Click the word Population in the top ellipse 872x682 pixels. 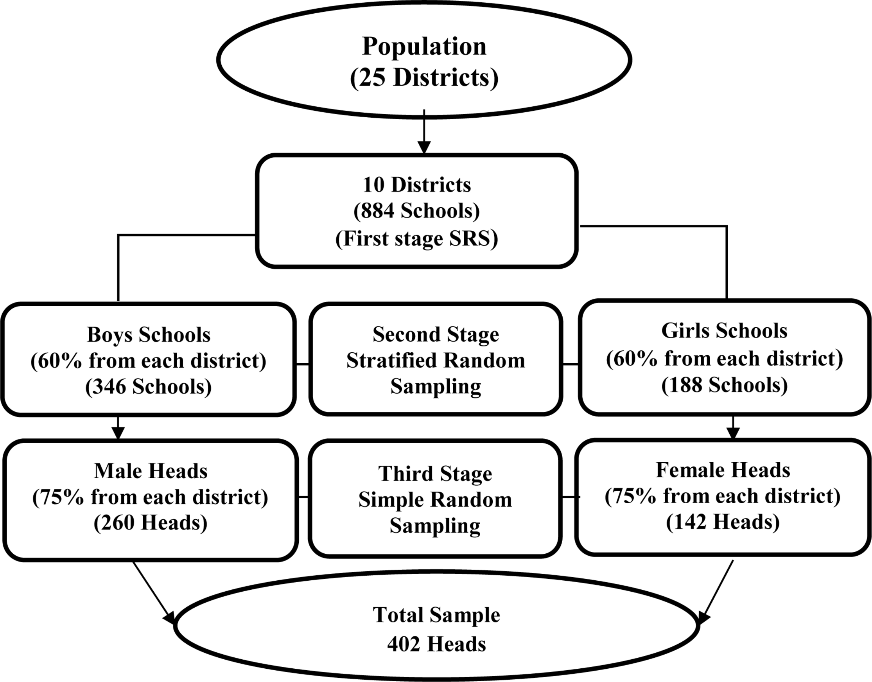[424, 47]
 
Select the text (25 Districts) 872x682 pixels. [424, 77]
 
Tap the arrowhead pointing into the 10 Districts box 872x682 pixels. [423, 147]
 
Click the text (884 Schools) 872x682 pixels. [416, 211]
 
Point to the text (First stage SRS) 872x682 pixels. [416, 239]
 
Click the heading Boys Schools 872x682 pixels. [149, 335]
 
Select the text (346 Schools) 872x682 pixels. [149, 386]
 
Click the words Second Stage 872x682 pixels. [436, 335]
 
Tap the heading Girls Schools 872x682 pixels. [724, 330]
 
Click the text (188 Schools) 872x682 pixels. [724, 385]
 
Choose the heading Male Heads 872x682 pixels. [151, 471]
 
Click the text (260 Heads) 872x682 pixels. [151, 523]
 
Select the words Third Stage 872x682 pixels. [435, 474]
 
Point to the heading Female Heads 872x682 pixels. [723, 470]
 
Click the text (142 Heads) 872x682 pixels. [723, 522]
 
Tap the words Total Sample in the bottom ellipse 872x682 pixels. [436, 615]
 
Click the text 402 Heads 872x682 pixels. [436, 644]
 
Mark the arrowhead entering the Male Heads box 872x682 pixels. [118, 433]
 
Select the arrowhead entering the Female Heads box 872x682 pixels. [733, 433]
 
